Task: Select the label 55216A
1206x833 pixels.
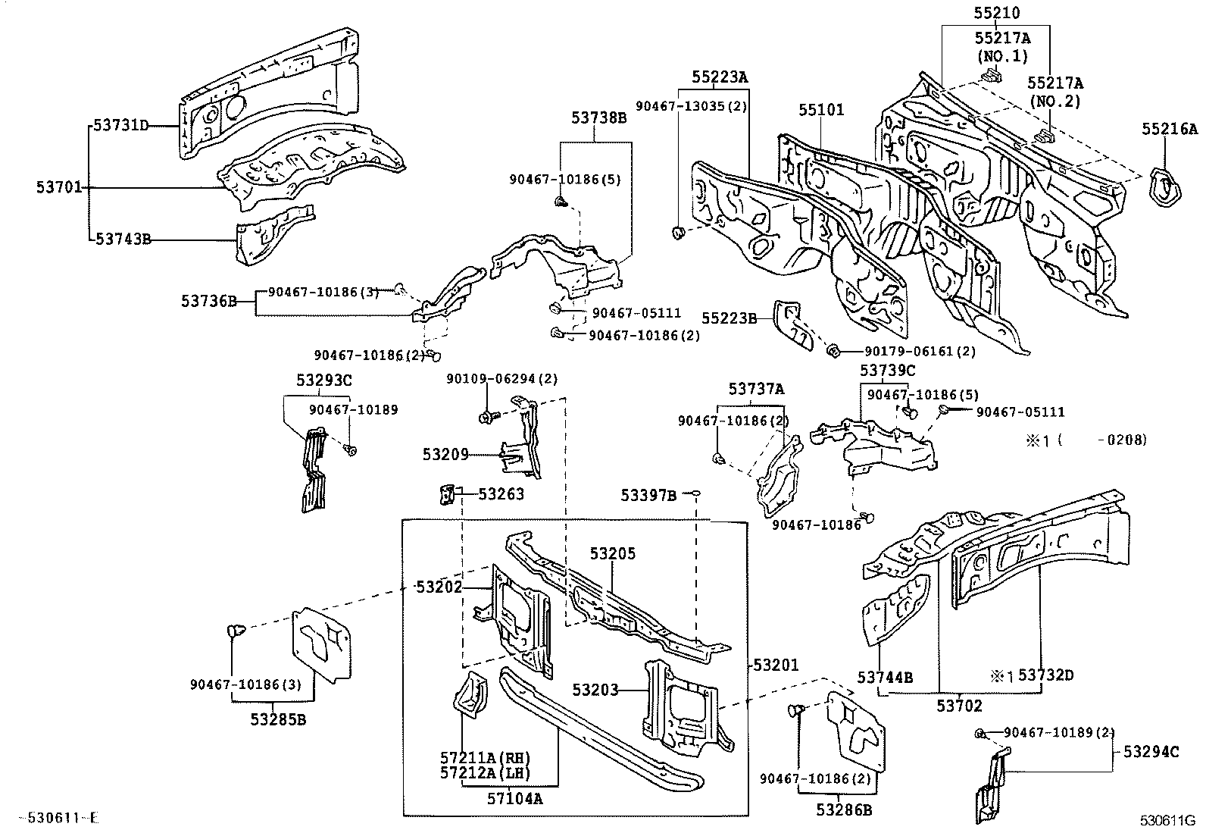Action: pos(1169,130)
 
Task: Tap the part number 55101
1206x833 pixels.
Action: pos(820,110)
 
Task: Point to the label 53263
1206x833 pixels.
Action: pos(500,494)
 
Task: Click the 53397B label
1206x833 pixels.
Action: pos(648,495)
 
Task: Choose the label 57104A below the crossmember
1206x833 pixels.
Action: pos(514,797)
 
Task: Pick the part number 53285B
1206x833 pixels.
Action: pos(278,719)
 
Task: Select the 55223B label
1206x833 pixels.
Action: pos(728,318)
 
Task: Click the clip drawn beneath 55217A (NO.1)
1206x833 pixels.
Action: pos(990,75)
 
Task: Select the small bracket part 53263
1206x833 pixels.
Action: pos(446,494)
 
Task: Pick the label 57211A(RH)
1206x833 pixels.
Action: pos(484,757)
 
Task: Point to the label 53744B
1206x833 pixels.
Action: pos(884,677)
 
